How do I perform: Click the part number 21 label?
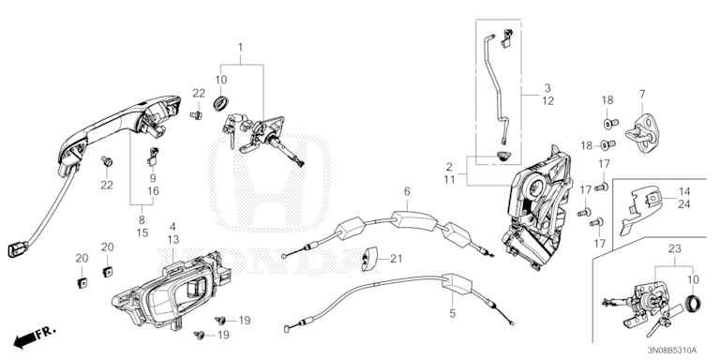[396, 259]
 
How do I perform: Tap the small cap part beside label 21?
[369, 259]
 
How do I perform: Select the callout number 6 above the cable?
[407, 191]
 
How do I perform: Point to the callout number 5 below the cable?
[452, 314]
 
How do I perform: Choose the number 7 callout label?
[641, 94]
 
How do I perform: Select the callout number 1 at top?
[240, 47]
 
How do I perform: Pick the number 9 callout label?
[153, 178]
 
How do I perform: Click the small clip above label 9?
[153, 156]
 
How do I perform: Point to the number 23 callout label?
[674, 249]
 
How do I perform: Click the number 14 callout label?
[684, 191]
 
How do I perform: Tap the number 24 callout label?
[684, 203]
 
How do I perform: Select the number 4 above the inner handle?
[172, 226]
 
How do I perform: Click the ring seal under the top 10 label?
[220, 103]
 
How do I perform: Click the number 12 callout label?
[547, 101]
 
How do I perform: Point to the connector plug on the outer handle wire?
[17, 250]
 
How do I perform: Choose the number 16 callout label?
[153, 191]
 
